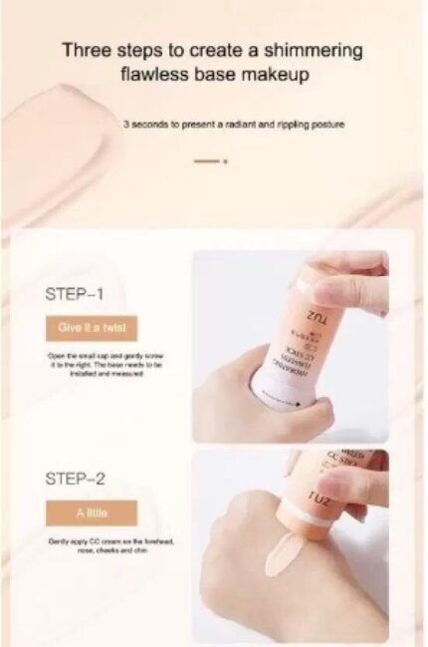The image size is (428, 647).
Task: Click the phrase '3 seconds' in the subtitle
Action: (x=144, y=126)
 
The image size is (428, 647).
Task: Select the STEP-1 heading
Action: (x=75, y=294)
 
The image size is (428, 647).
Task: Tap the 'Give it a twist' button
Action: (x=92, y=328)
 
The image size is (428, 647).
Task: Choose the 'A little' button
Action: (x=91, y=512)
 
